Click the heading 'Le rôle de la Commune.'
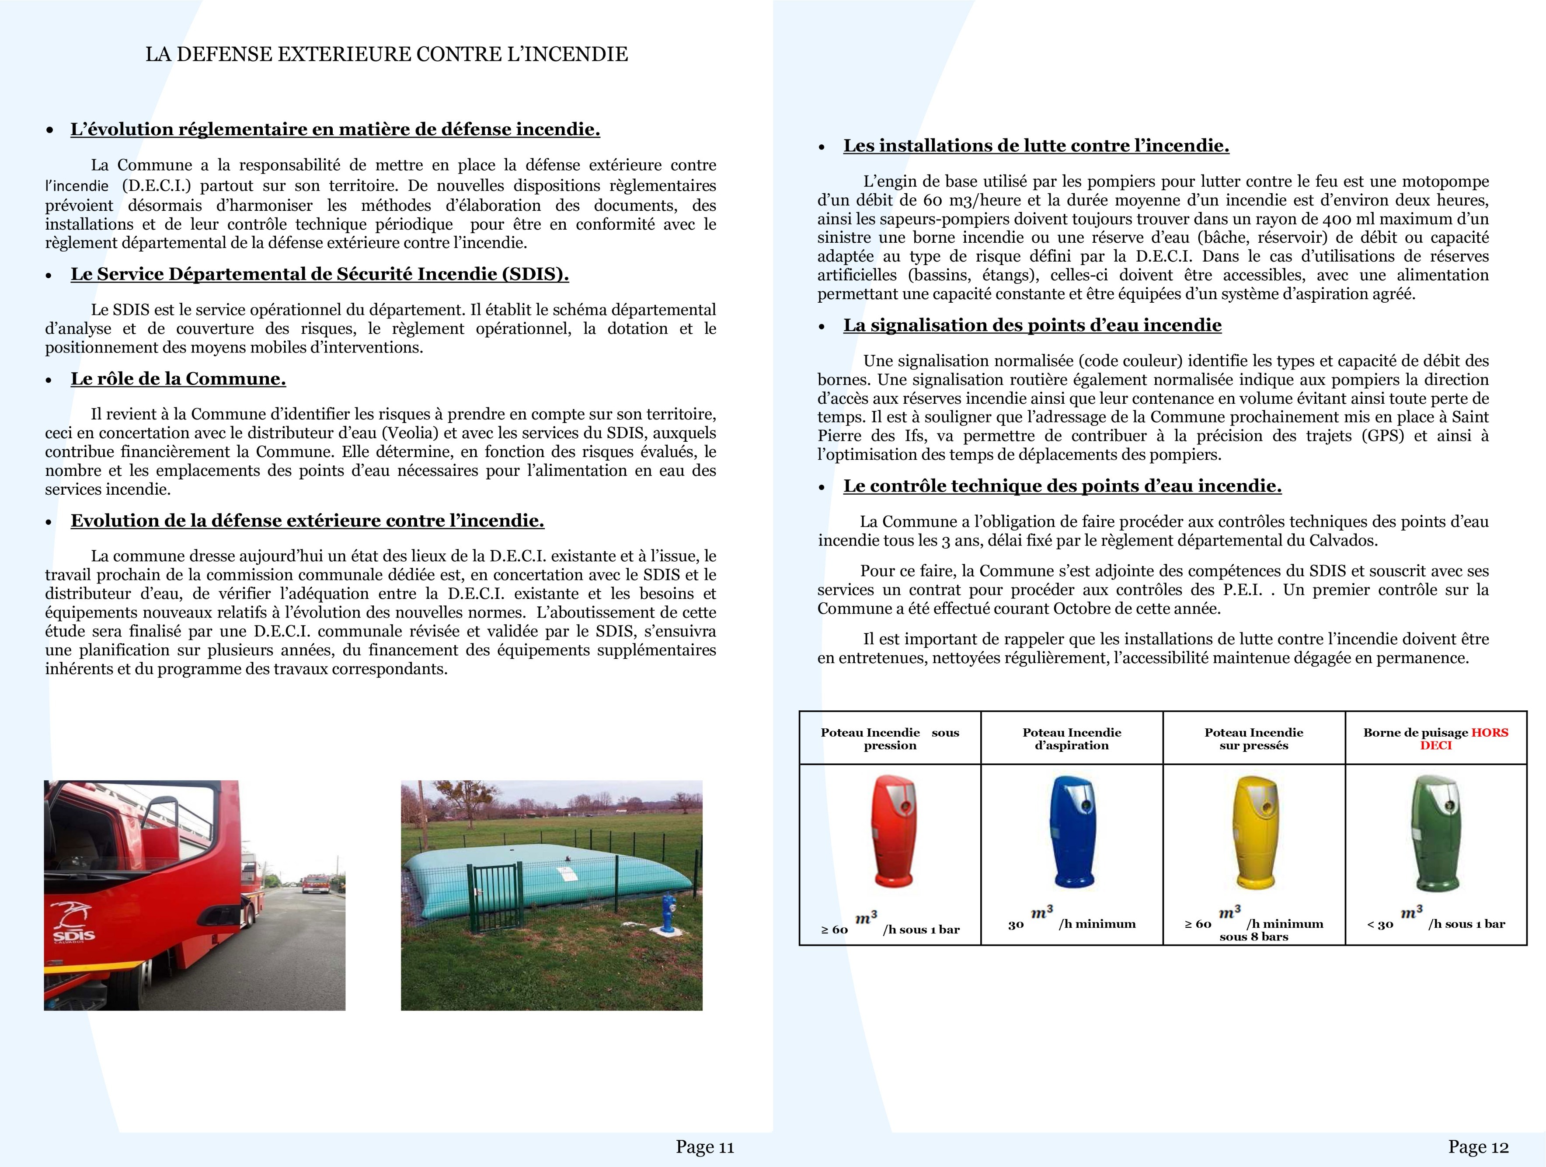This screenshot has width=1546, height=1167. [178, 379]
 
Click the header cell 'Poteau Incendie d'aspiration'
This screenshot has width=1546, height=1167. [1072, 738]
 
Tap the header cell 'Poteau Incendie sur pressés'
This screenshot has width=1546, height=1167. [1254, 738]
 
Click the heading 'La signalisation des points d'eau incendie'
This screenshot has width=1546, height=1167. [1032, 325]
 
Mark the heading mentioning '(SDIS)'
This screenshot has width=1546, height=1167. [320, 274]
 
